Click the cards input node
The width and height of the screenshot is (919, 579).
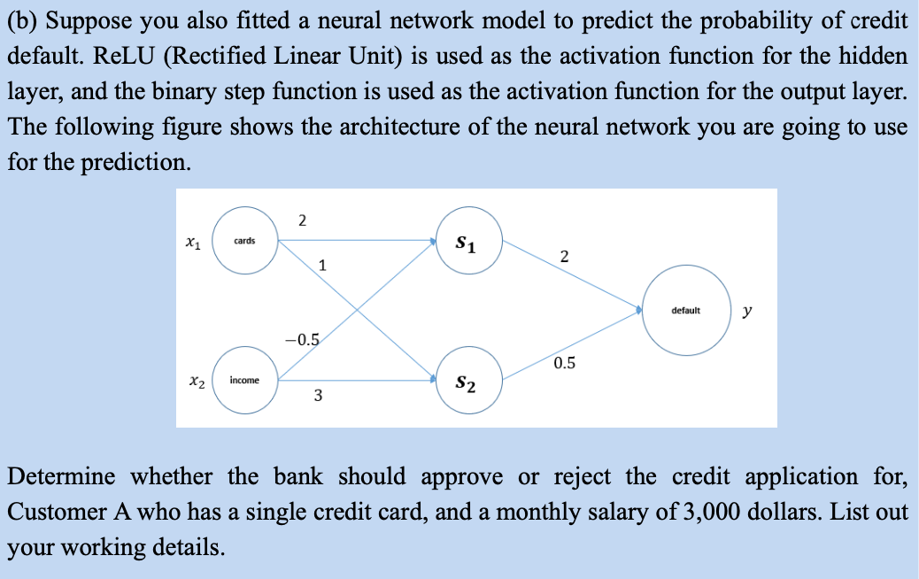point(245,241)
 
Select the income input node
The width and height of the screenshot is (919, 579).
point(244,380)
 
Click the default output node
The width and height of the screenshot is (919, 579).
point(685,311)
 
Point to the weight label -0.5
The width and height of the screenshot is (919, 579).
point(302,340)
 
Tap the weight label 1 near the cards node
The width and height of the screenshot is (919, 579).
point(322,264)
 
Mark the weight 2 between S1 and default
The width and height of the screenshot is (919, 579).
point(565,258)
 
